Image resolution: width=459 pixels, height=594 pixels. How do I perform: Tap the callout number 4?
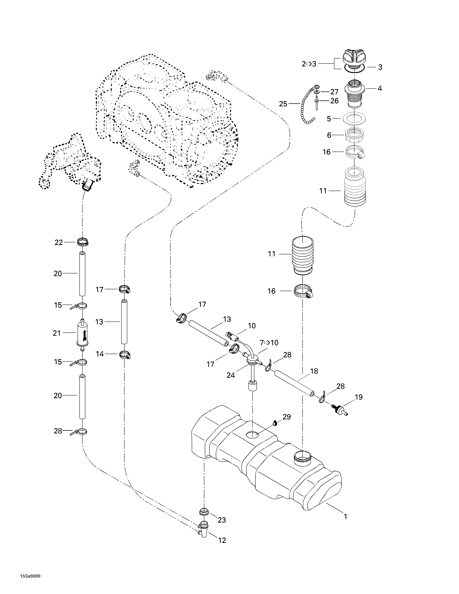(x=380, y=88)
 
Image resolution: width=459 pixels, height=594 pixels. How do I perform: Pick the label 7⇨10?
(x=269, y=343)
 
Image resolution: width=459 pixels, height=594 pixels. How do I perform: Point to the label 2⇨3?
(x=309, y=64)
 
